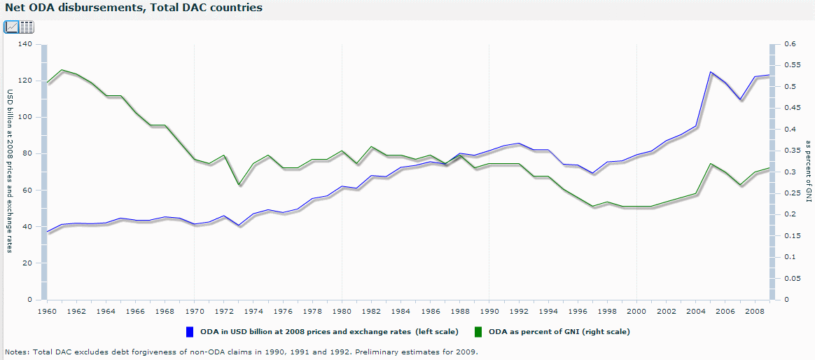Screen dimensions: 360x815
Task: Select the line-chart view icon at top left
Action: point(11,27)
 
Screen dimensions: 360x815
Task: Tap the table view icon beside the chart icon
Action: point(27,27)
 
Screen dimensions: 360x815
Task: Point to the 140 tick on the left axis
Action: point(25,44)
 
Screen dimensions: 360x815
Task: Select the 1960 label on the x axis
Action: point(47,310)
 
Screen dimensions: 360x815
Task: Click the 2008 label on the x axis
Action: point(755,310)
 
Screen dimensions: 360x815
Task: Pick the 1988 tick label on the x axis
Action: point(460,310)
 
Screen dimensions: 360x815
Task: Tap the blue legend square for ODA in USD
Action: point(190,331)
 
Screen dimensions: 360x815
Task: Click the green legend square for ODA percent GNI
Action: point(479,331)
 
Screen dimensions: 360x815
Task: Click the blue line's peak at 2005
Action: point(711,71)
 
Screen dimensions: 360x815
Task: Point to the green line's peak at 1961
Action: point(62,70)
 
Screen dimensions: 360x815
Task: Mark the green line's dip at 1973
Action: point(239,184)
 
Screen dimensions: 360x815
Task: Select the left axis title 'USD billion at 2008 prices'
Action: point(11,172)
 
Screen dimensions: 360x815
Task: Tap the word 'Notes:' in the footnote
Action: point(17,352)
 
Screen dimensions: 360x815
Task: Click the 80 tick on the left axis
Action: point(27,153)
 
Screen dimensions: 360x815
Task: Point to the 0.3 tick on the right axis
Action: point(788,172)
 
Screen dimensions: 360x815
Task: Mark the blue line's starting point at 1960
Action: point(47,231)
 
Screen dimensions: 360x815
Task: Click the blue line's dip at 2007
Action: point(740,99)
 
